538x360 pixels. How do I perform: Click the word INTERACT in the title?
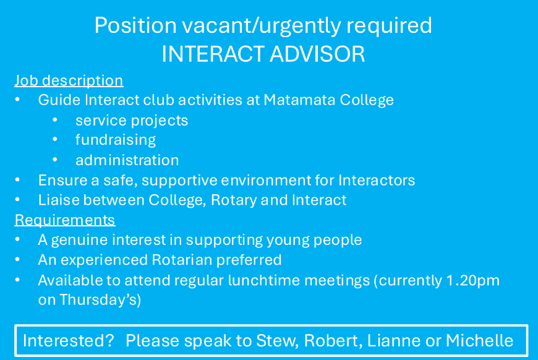(x=213, y=54)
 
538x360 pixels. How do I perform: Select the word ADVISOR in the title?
(x=317, y=54)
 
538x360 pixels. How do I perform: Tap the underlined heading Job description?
(x=69, y=81)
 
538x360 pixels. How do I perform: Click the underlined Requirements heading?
(x=65, y=220)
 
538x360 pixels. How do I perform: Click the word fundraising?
(x=116, y=140)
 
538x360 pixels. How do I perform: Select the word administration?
(x=127, y=160)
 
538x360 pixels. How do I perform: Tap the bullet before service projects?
(x=55, y=120)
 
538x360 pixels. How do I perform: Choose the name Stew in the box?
(x=277, y=341)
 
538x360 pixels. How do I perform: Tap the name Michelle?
(x=479, y=341)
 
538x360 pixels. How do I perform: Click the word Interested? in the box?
(x=68, y=341)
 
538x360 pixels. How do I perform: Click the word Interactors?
(x=377, y=180)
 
